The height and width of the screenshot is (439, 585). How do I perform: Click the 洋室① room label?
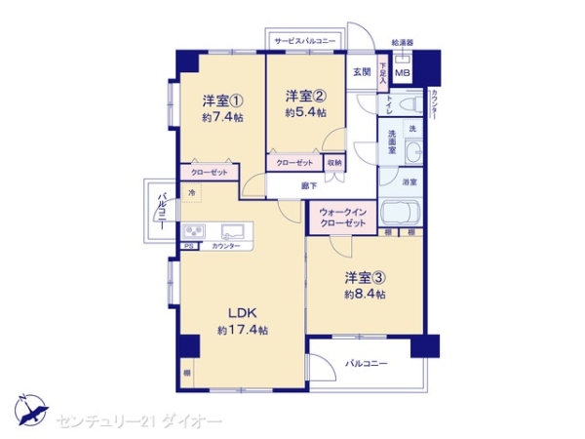click(222, 100)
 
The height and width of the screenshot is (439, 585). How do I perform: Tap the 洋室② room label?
click(304, 96)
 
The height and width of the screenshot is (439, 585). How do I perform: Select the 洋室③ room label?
click(365, 276)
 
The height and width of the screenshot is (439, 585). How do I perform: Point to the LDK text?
click(243, 312)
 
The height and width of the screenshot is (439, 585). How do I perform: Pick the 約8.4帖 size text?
click(365, 294)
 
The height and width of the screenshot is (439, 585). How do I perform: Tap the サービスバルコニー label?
click(304, 42)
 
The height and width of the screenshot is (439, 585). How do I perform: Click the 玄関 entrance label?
click(361, 71)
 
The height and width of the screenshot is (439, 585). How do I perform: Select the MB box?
click(402, 72)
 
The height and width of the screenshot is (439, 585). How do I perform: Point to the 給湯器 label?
click(402, 43)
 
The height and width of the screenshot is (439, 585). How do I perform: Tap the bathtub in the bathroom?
click(401, 214)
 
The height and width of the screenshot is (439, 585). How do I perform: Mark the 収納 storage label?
click(334, 163)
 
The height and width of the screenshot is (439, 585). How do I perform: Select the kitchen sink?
click(234, 232)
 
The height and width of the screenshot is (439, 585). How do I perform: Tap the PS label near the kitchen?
click(189, 248)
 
